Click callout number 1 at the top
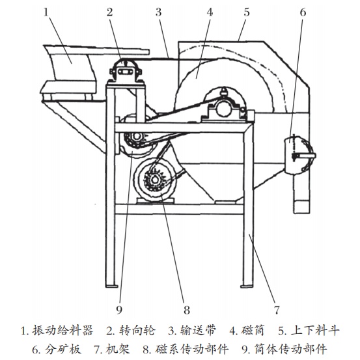click(x=46, y=12)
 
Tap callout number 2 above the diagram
click(x=110, y=12)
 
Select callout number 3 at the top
click(x=158, y=12)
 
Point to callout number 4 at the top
click(x=210, y=12)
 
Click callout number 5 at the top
click(x=246, y=12)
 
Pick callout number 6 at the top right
click(x=303, y=12)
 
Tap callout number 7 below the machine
click(x=277, y=310)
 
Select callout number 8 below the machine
click(x=187, y=310)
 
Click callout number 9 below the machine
click(x=119, y=310)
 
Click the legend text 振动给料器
click(x=62, y=331)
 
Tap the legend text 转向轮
click(x=137, y=331)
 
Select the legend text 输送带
click(x=199, y=331)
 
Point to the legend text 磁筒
click(x=253, y=331)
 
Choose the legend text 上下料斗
click(x=315, y=331)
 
